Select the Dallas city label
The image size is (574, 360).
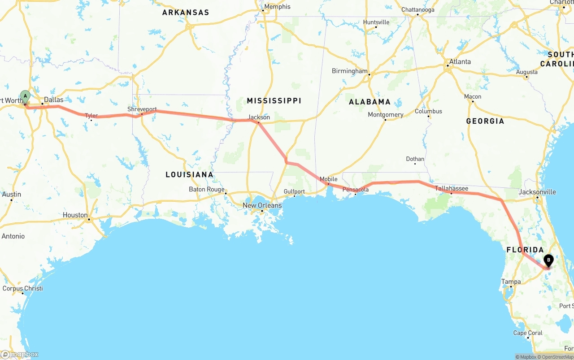point(54,100)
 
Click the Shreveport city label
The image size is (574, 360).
point(142,109)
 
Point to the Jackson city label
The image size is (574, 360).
point(259,117)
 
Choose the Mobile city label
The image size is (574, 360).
point(329,179)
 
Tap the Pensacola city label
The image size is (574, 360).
point(356,190)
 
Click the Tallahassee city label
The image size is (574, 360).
point(452,188)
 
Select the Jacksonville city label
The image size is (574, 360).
point(537,192)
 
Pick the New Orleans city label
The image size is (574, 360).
point(262,205)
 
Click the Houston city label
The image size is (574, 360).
point(75,215)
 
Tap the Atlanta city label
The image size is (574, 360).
point(460,61)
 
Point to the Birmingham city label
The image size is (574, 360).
point(350,71)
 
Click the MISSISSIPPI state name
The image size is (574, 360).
point(274,100)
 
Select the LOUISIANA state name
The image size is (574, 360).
point(189,174)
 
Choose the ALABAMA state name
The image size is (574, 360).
point(370,102)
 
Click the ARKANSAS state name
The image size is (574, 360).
point(186,13)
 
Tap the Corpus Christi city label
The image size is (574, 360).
point(22,288)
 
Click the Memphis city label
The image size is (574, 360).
point(277,7)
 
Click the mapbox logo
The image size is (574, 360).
point(20,354)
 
